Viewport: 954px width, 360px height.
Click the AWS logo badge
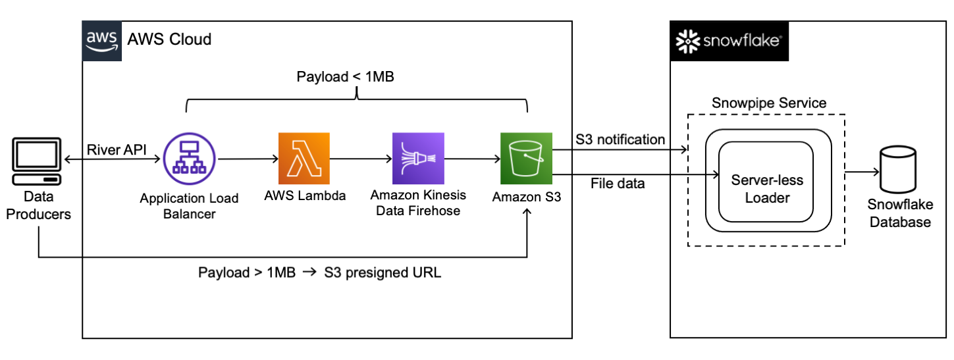(x=102, y=41)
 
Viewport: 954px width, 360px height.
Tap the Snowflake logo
(x=729, y=41)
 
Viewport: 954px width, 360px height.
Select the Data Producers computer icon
(x=37, y=161)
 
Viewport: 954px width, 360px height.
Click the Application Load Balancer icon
(x=190, y=158)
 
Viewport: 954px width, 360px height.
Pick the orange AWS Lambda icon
(x=304, y=158)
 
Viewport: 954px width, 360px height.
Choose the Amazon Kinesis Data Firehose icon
(x=418, y=158)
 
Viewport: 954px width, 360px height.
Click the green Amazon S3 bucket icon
(x=525, y=158)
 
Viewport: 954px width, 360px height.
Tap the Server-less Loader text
(x=767, y=188)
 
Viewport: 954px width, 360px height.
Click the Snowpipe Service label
(x=769, y=103)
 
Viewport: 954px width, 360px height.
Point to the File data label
(x=618, y=184)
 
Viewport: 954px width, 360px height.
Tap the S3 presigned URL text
(x=383, y=272)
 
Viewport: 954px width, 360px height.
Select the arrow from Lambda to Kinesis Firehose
(x=360, y=159)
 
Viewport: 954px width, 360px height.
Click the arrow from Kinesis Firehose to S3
(x=472, y=159)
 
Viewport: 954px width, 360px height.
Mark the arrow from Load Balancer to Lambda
(x=247, y=159)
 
